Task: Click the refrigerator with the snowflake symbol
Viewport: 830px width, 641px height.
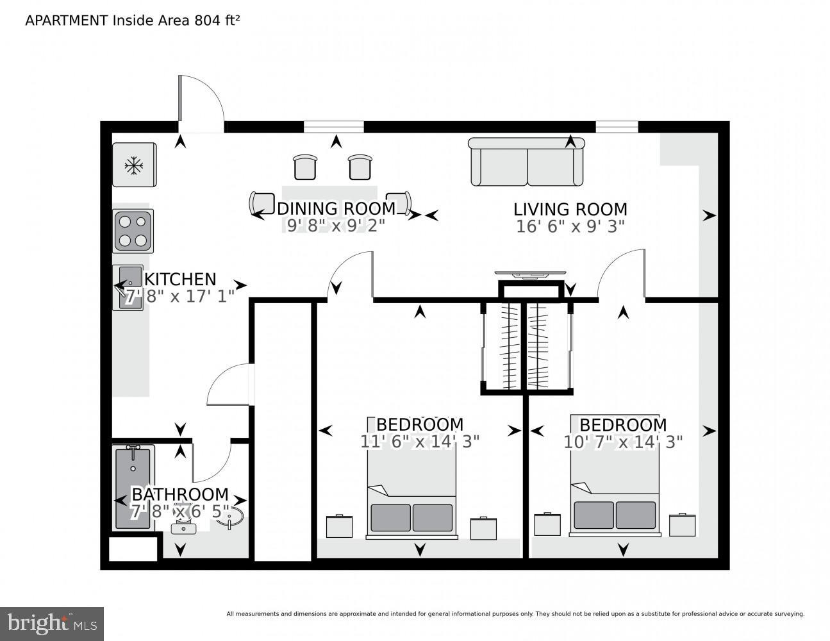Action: [134, 165]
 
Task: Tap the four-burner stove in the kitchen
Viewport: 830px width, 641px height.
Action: [133, 231]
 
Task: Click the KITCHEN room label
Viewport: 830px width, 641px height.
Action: [180, 279]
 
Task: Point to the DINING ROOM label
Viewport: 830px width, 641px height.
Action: [336, 209]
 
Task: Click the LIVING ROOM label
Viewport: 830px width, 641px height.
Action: [570, 210]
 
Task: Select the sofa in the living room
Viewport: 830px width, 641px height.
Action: [527, 162]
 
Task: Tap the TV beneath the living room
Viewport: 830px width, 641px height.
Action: [530, 275]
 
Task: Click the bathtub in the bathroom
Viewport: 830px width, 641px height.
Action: [133, 487]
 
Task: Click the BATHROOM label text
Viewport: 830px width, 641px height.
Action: [180, 494]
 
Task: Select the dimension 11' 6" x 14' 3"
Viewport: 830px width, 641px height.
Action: [419, 442]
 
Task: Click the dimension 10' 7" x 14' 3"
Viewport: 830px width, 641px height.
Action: [623, 442]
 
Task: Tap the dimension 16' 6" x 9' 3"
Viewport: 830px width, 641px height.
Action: [570, 226]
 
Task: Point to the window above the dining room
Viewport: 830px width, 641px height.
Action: [333, 127]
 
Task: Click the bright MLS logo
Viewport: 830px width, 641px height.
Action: [52, 624]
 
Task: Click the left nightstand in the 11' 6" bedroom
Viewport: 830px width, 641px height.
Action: [339, 526]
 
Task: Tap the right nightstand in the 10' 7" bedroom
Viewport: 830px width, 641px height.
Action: [683, 524]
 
